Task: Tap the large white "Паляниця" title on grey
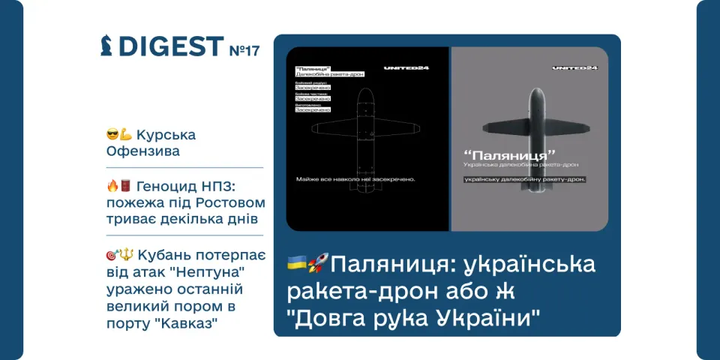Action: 511,156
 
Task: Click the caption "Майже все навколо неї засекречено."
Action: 357,179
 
